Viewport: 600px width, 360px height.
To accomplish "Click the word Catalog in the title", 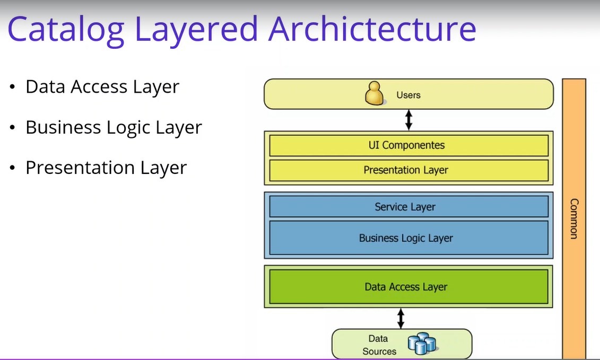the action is coord(66,30).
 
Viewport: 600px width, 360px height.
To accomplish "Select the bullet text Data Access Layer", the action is coord(102,87).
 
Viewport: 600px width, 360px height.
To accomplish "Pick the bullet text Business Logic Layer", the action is coord(114,128).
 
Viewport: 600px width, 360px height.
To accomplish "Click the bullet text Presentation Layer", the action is coord(106,168).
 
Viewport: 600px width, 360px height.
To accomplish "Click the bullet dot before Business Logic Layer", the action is coord(13,127).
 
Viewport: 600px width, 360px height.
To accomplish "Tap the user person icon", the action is coord(374,93).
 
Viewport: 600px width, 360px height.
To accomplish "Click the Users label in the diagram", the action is coord(408,95).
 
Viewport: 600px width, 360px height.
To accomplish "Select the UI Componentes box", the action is coord(408,145).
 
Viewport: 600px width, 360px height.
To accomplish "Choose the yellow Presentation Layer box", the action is coord(408,170).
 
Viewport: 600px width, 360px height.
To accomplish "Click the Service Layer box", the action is coord(408,207).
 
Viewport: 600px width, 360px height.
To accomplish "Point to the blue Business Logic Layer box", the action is coord(408,238).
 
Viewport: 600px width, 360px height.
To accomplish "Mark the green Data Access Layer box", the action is coord(408,286).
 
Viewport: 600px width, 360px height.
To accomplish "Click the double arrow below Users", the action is coord(408,120).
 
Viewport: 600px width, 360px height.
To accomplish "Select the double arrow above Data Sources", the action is coord(401,318).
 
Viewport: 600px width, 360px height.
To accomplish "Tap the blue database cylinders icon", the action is coord(422,343).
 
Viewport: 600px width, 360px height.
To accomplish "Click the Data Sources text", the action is coord(379,345).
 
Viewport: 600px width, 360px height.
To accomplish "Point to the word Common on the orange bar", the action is coord(574,219).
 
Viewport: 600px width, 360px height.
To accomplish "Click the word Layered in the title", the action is coord(196,30).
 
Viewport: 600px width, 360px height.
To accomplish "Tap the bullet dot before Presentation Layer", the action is coord(13,168).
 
